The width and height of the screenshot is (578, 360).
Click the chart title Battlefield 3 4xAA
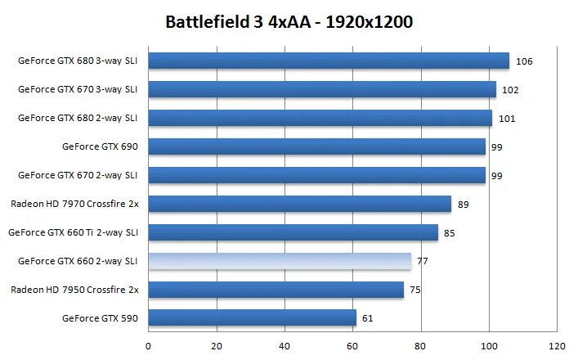(289, 21)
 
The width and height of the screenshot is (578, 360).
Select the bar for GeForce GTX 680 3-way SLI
(328, 61)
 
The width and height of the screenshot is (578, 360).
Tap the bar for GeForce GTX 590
(252, 317)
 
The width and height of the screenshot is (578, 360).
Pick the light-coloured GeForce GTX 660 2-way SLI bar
(280, 261)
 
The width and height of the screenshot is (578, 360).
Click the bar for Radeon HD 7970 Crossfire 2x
(299, 204)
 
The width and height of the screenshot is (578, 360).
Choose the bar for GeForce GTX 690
(316, 146)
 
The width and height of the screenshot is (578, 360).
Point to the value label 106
(524, 61)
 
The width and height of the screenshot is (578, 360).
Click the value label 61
(367, 318)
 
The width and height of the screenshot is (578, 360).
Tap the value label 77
(423, 262)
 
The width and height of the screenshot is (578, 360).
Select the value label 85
(450, 233)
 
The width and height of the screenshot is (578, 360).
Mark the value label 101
(506, 119)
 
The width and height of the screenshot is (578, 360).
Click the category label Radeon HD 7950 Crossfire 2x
(74, 290)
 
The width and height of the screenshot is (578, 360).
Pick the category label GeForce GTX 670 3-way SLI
(78, 89)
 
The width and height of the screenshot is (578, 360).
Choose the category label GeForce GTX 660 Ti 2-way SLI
(73, 232)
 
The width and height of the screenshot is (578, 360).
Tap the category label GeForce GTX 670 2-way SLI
(78, 175)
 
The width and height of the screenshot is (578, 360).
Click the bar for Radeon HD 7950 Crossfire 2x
(276, 290)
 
